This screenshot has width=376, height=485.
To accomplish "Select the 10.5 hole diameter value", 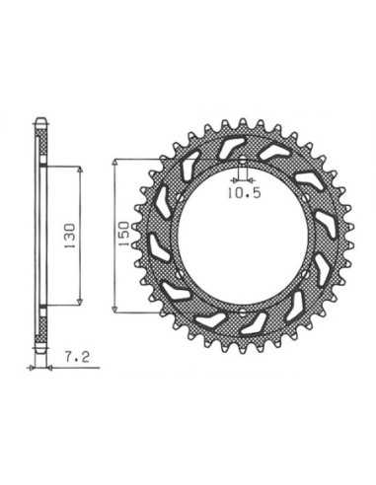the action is [x=245, y=193].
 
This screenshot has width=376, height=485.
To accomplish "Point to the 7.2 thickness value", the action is [x=77, y=357].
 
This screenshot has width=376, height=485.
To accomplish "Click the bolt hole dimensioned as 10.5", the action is [x=242, y=161].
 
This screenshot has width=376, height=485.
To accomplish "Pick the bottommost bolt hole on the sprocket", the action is [x=242, y=312].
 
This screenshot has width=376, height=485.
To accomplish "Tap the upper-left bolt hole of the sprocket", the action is [x=179, y=197].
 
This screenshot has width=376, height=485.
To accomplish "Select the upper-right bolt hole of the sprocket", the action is [x=307, y=198].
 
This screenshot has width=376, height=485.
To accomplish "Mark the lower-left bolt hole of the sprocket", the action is [x=179, y=274].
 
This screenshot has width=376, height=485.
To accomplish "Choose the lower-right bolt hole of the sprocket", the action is [x=307, y=273].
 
